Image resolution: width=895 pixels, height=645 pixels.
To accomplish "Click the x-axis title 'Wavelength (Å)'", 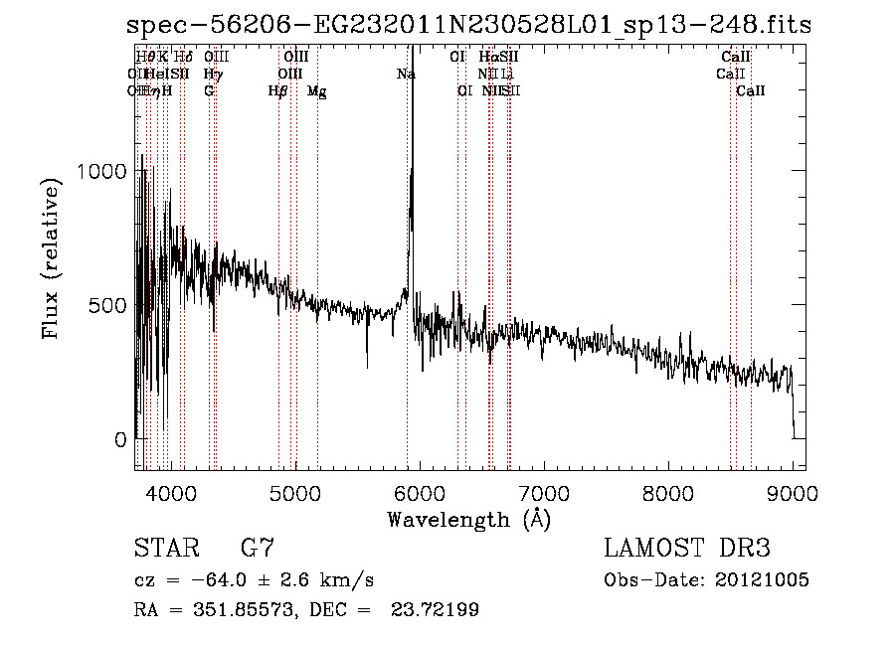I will [468, 519].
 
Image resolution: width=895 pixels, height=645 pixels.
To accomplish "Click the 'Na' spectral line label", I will [406, 75].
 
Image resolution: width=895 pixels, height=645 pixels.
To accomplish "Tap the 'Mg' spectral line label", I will [317, 91].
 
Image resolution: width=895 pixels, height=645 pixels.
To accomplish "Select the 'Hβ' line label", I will [278, 91].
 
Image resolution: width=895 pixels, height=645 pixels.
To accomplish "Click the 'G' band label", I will [209, 91].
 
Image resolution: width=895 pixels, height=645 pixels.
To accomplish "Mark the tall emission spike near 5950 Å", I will [413, 149].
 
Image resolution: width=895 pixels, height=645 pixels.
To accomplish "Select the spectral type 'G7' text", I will [258, 549].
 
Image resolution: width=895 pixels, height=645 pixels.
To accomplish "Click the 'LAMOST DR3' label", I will [687, 549].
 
